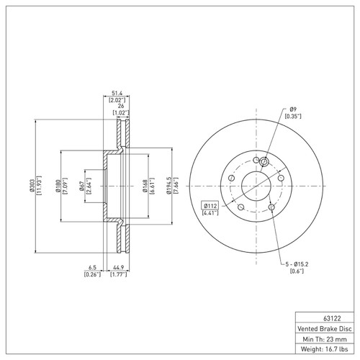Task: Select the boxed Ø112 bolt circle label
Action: (x=211, y=204)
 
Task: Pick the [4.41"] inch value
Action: (x=211, y=212)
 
